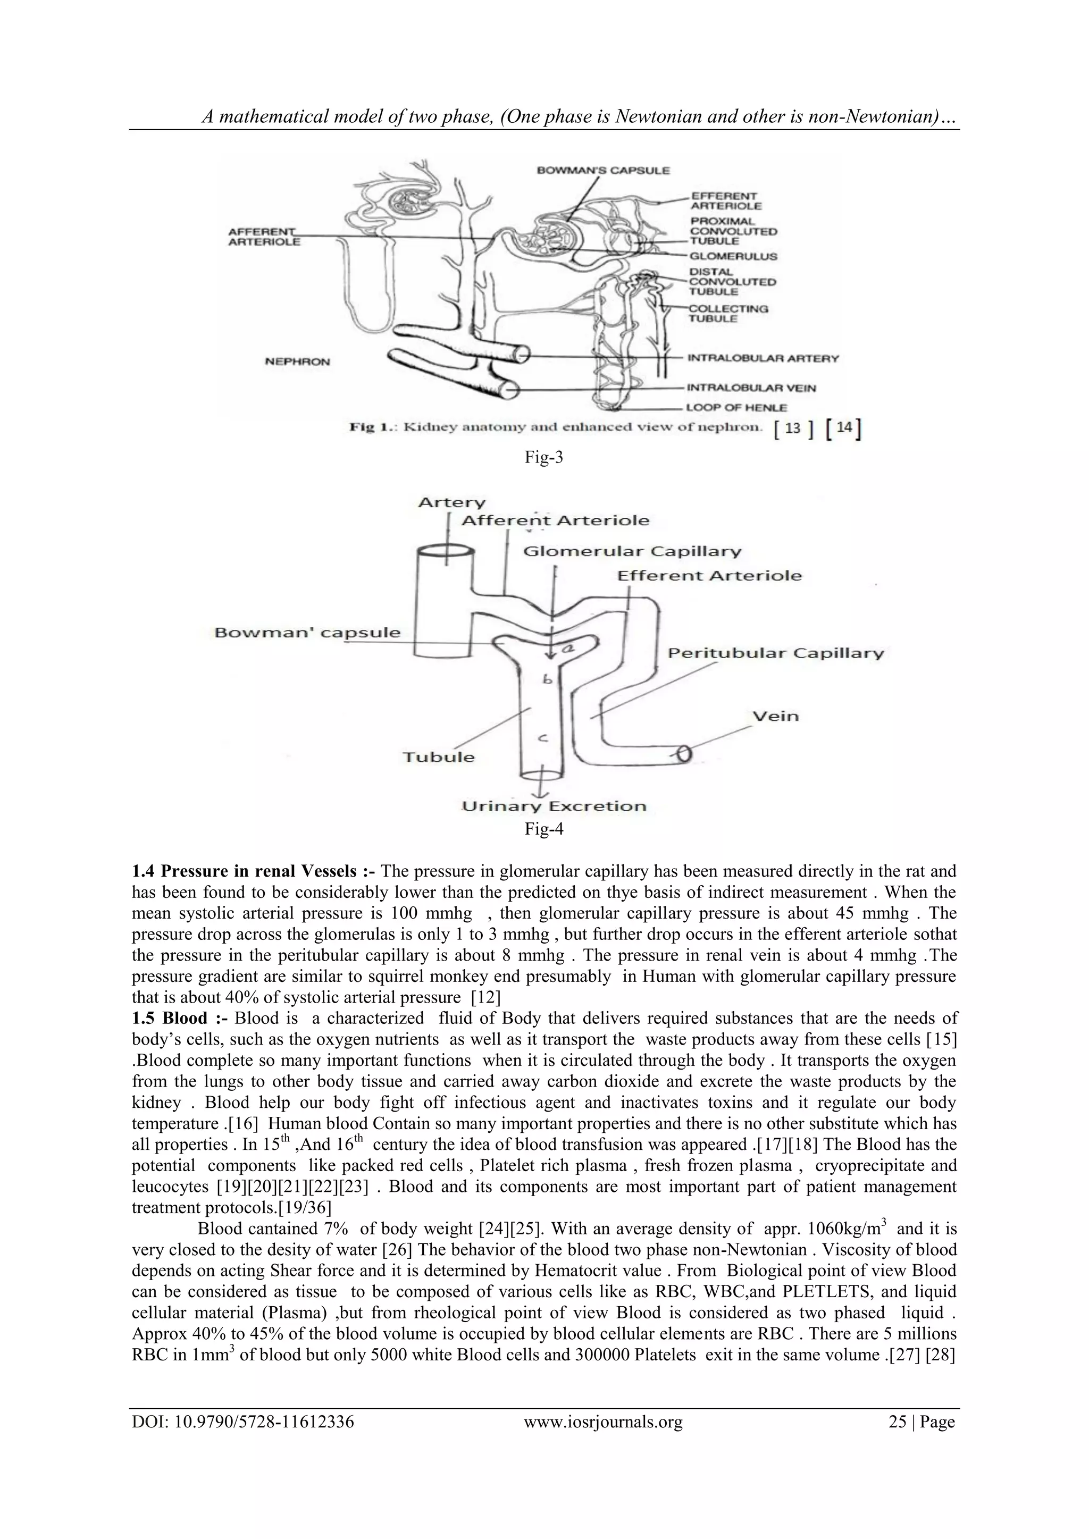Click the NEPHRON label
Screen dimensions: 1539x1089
coord(297,362)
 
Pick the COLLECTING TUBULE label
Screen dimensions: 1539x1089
coord(728,314)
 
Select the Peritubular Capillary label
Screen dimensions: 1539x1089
coord(775,653)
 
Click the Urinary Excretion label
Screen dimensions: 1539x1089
coord(554,806)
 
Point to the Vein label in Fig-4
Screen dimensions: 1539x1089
coord(775,716)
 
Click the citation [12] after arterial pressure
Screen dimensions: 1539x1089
coord(485,997)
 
